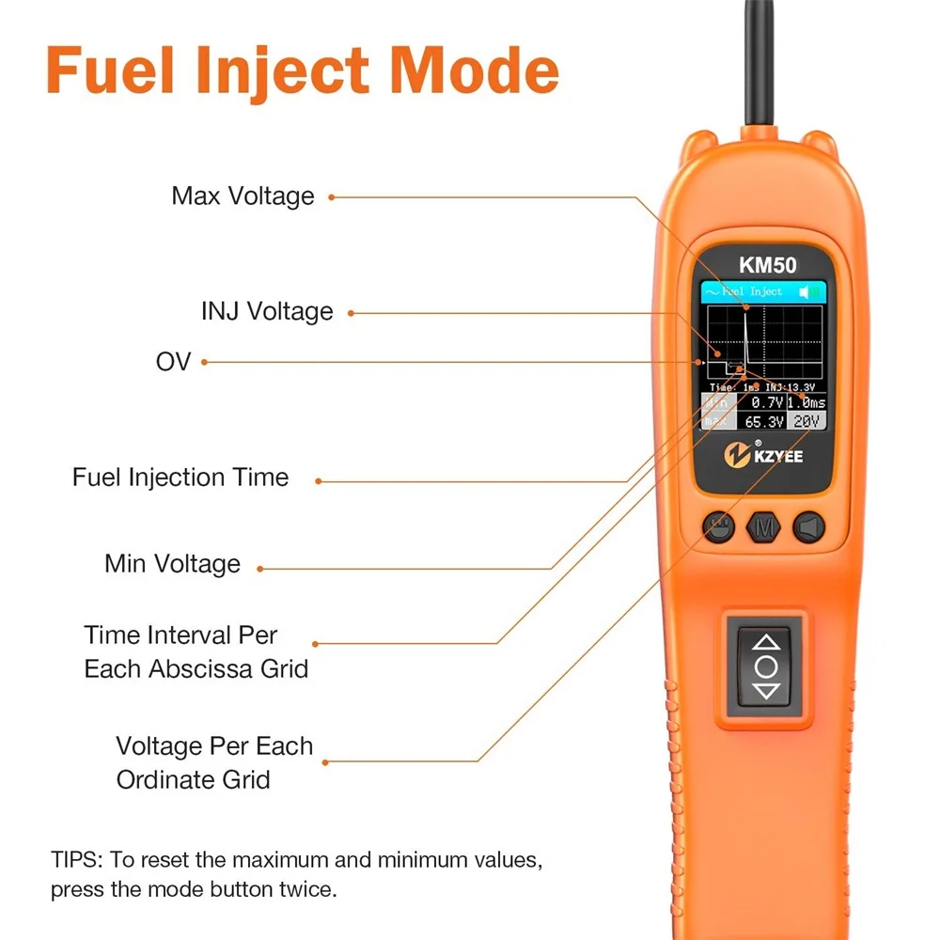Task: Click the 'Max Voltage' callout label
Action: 243,196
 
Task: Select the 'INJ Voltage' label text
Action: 267,311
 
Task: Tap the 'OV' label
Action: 173,361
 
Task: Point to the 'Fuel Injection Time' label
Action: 180,478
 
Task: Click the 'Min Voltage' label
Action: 172,564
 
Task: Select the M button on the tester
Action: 763,528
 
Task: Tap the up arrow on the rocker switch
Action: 767,643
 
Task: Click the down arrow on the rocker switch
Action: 767,692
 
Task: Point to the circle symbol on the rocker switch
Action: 767,667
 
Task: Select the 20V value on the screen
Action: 806,422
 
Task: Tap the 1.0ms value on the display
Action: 806,402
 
